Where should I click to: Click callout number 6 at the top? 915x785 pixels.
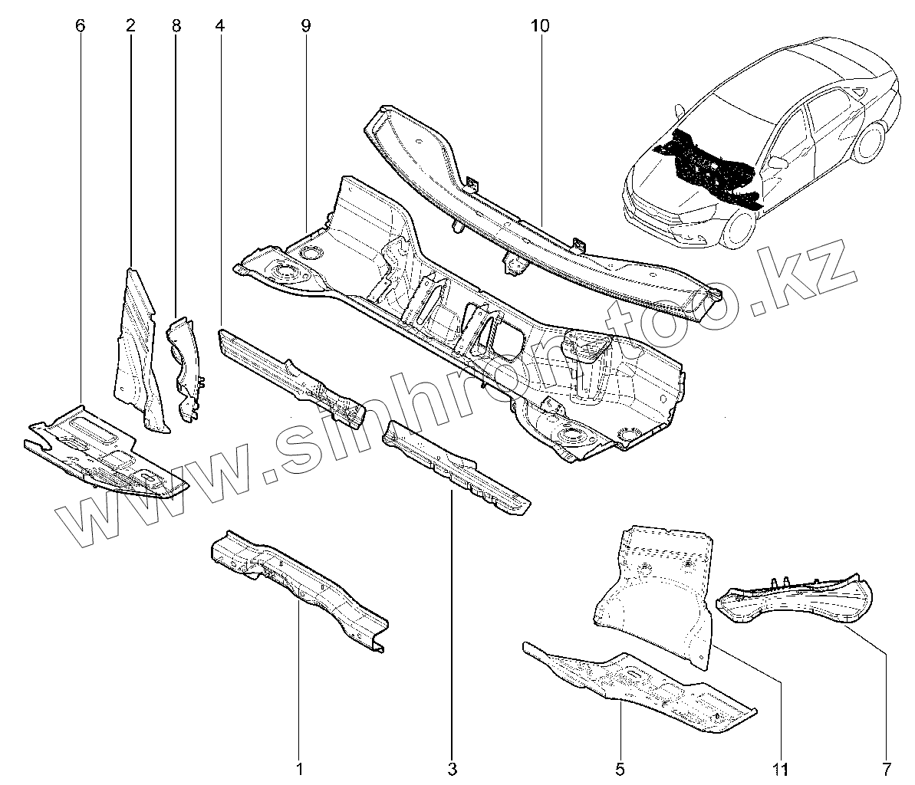coord(81,26)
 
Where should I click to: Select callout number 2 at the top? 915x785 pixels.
coord(130,26)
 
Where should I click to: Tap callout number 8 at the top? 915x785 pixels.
coord(176,26)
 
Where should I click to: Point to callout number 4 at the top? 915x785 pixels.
coord(220,26)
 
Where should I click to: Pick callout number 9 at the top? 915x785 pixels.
coord(305,26)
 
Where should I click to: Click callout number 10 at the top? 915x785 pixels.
coord(539,26)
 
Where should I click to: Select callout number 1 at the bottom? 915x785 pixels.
coord(300,767)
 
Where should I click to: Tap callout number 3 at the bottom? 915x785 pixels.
coord(452,767)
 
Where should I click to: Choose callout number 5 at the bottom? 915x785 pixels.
coord(620,767)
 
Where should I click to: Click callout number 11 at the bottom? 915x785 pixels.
coord(780,767)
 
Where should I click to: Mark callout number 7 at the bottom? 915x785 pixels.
coord(887,767)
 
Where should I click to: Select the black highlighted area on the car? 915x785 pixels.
coord(709,165)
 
